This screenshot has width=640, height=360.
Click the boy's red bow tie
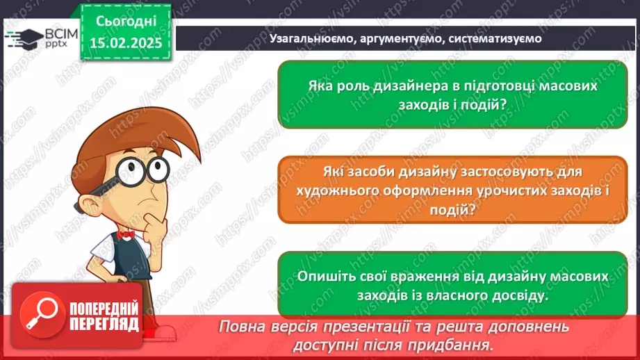point(126,235)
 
